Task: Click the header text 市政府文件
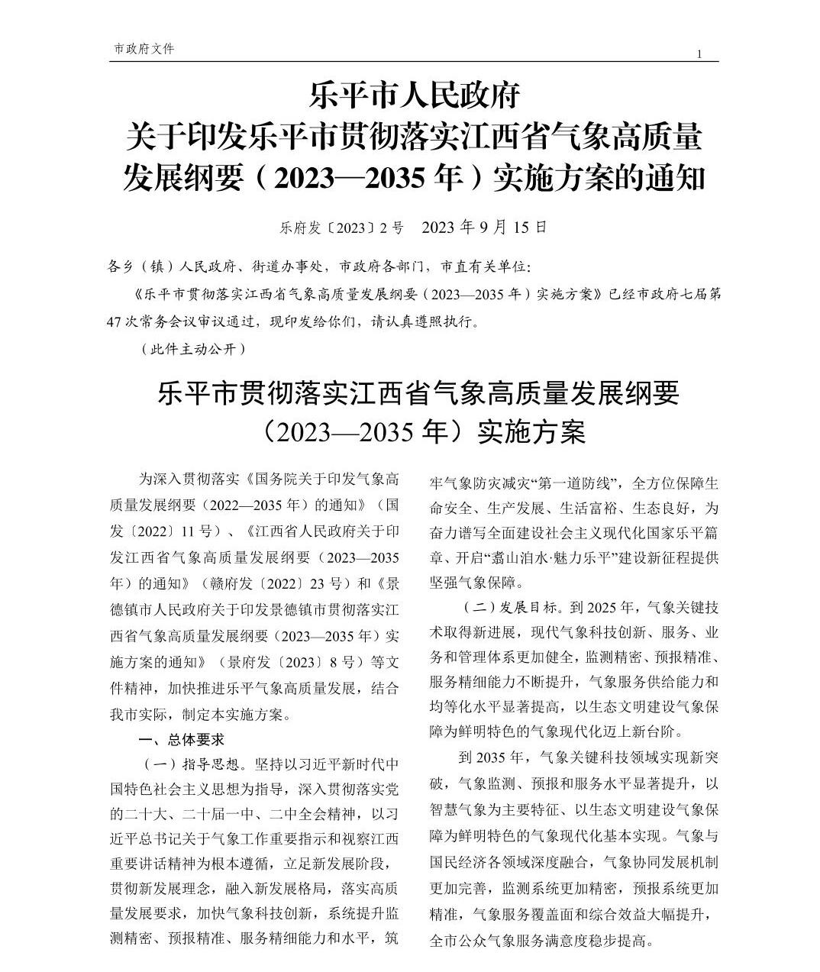tap(144, 49)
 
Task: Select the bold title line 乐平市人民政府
tap(413, 97)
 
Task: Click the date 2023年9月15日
tap(484, 228)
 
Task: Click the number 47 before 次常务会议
tap(118, 321)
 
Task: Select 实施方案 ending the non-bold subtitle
tap(531, 433)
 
